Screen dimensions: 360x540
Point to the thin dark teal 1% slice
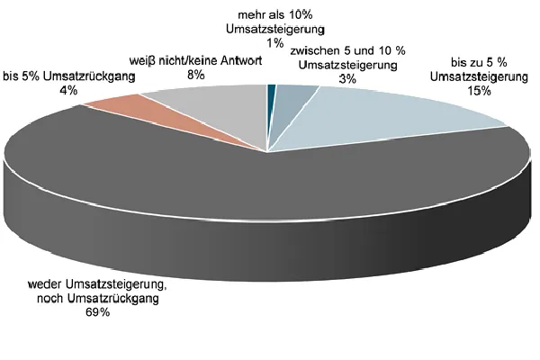271,87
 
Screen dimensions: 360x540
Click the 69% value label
98,312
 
